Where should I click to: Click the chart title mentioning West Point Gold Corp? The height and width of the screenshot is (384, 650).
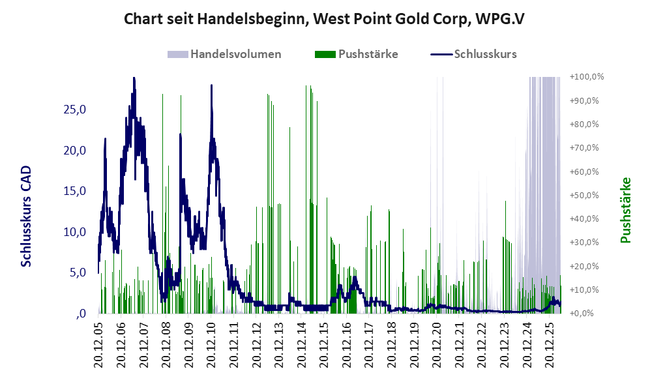pos(324,19)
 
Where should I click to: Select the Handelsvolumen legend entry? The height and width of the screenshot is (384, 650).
pos(224,54)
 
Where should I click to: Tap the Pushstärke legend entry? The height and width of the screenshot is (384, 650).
pos(357,54)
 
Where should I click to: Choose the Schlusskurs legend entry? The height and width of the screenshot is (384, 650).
pos(474,54)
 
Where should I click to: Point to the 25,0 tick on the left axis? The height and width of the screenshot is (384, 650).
pos(74,110)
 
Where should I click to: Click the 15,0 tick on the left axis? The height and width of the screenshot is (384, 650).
pos(74,191)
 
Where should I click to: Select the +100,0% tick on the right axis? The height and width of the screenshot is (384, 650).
pos(587,77)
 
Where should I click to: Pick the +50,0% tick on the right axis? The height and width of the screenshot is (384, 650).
pos(584,196)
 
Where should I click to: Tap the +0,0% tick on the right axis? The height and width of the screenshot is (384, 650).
pos(582,314)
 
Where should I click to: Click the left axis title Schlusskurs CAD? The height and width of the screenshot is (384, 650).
pos(26,216)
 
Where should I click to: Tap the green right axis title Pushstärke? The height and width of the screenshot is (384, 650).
pos(625,210)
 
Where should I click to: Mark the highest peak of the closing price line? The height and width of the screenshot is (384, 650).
pos(134,78)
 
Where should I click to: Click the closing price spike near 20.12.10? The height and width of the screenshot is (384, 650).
pos(211,85)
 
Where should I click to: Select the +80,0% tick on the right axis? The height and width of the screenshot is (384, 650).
pos(584,125)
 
